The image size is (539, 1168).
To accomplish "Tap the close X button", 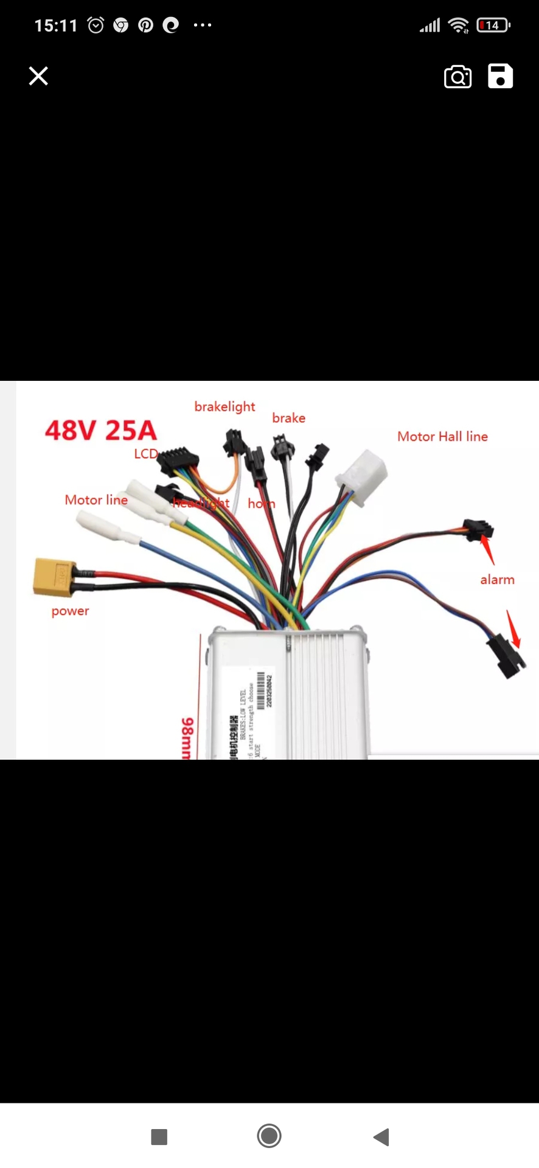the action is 38,76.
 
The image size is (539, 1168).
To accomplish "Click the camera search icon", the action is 457,77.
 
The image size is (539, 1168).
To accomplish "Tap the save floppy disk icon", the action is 500,76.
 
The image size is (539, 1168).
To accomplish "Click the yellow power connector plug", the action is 54,576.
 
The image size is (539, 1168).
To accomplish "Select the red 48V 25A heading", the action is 101,430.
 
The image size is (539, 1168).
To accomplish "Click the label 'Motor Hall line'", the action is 442,436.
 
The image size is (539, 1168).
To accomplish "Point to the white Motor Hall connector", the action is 363,475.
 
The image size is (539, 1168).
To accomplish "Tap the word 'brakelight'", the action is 224,406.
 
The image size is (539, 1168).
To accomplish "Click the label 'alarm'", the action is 497,580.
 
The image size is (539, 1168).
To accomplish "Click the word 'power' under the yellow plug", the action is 70,611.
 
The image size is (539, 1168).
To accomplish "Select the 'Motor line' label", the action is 96,500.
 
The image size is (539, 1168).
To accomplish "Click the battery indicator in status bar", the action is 493,26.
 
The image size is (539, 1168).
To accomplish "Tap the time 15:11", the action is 56,26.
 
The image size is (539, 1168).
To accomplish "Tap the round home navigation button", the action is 269,1136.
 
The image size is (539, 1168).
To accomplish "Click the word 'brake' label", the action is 288,418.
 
